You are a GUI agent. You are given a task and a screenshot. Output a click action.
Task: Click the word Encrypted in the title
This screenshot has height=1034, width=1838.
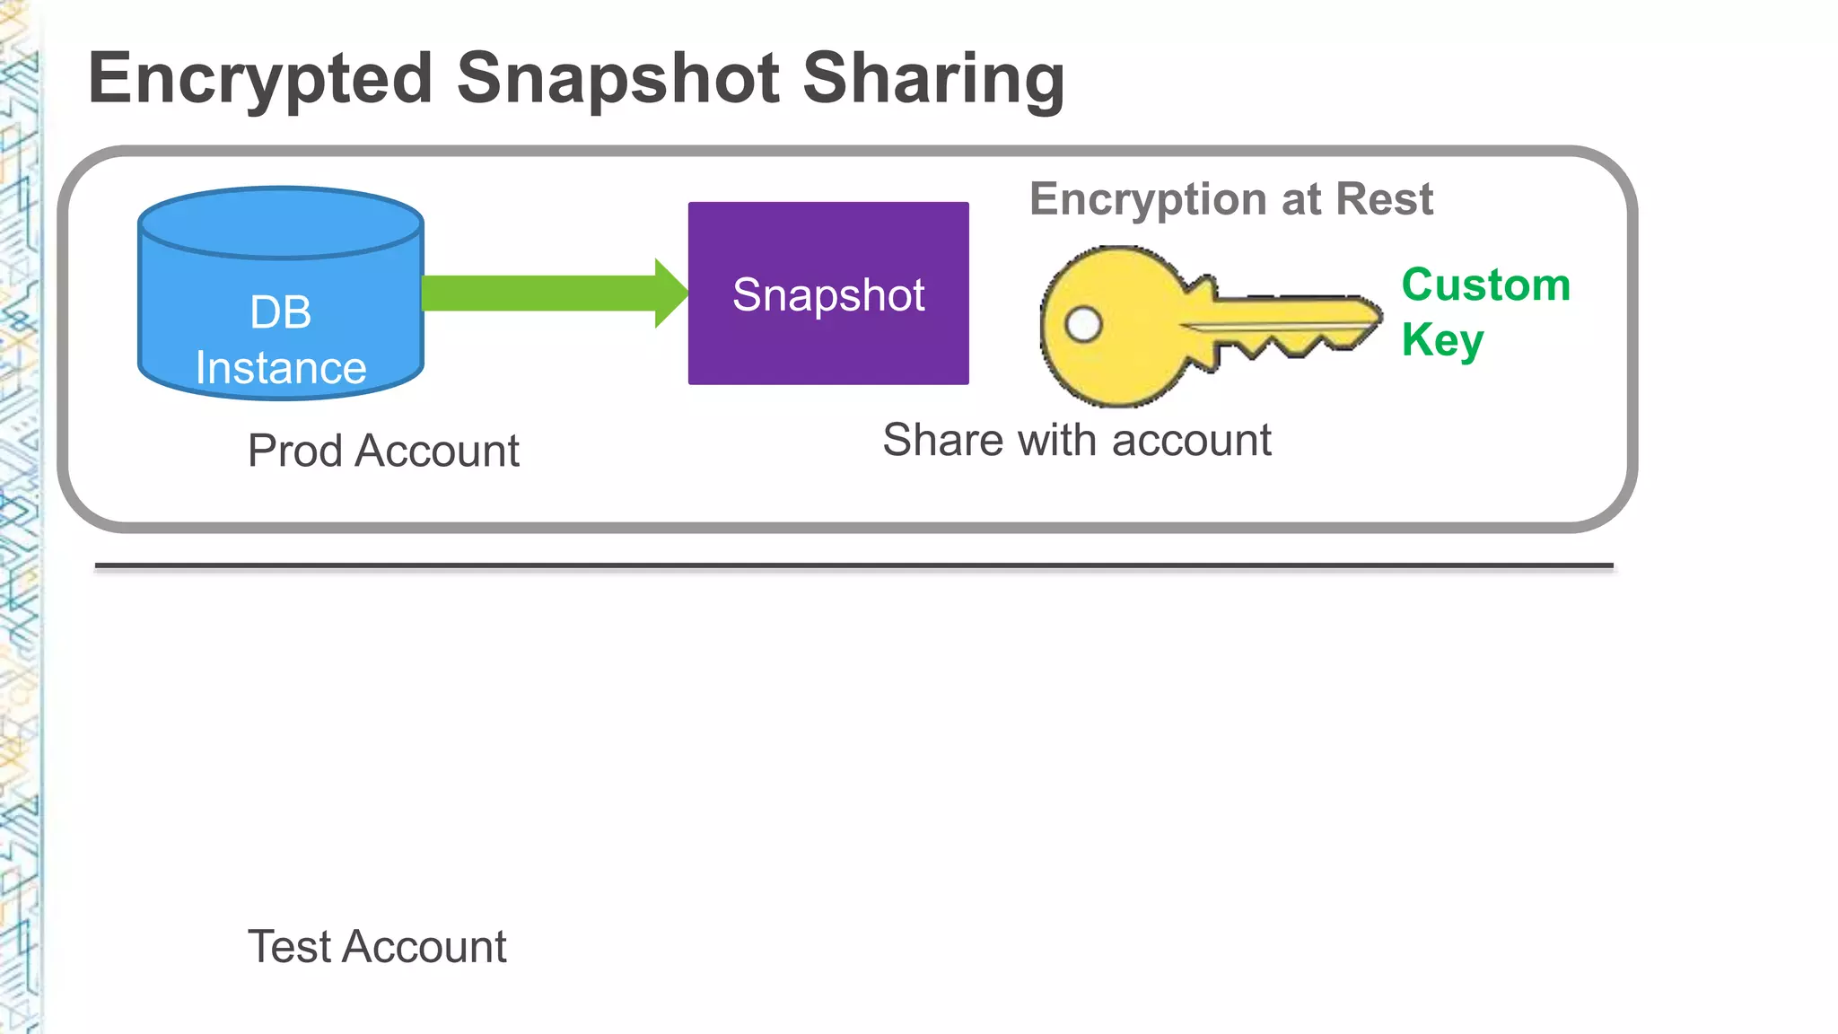(260, 79)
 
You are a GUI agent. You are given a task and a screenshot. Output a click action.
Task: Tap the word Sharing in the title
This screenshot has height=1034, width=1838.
(933, 79)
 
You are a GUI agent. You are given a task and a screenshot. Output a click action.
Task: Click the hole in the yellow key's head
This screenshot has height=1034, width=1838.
(1083, 324)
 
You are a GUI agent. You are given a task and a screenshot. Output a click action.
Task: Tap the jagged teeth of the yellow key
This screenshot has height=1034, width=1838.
(1283, 346)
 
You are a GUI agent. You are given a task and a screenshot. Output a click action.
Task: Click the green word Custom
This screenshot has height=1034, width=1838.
(1485, 285)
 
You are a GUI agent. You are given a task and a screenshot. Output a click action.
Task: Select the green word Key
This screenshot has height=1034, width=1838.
(1442, 340)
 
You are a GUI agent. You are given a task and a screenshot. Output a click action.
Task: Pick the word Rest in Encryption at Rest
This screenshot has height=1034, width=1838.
(1384, 199)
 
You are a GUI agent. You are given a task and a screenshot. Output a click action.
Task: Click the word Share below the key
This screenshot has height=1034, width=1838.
(941, 440)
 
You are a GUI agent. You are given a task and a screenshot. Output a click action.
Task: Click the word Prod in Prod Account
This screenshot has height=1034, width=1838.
(295, 451)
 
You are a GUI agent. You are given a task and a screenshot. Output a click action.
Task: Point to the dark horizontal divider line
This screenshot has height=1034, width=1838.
(853, 566)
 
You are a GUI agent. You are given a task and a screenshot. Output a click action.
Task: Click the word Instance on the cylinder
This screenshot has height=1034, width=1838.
(281, 368)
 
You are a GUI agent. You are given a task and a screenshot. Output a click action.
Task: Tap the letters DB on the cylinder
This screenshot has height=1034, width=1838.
(281, 312)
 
